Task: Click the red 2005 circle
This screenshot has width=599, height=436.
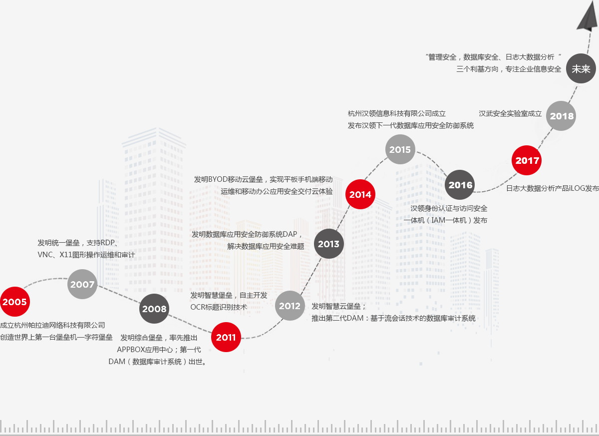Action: [x=14, y=302]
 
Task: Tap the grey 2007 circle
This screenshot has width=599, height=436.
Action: [x=82, y=284]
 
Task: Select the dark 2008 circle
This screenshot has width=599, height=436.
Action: [x=154, y=309]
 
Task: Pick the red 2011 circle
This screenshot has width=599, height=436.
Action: [x=226, y=338]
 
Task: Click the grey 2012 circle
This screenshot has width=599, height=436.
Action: [x=290, y=306]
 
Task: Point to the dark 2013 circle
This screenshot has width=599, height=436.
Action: [x=328, y=244]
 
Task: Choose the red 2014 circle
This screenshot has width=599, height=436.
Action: [x=360, y=194]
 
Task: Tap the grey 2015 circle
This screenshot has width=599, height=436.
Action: [x=400, y=149]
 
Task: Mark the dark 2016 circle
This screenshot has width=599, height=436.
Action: [x=460, y=185]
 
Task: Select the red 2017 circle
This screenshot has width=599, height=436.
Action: [x=527, y=160]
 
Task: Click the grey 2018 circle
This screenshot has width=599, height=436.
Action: [x=562, y=116]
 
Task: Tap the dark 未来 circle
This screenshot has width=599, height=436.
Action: [x=581, y=69]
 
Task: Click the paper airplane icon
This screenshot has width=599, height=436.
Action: [x=588, y=17]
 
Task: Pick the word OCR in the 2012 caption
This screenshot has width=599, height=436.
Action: [x=198, y=307]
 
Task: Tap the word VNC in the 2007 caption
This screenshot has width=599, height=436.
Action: [x=45, y=255]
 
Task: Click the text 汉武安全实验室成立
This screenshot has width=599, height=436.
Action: [x=510, y=113]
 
